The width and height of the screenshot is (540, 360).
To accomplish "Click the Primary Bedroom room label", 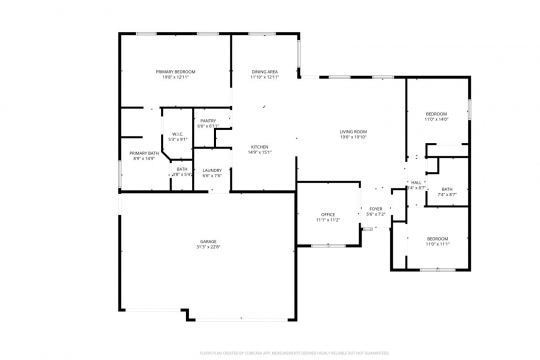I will coord(174,72).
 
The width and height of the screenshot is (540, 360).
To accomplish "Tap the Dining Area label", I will coord(264,72).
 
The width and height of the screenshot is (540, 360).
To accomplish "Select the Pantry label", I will coord(208,121).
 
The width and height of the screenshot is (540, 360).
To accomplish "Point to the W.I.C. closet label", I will coord(177,134).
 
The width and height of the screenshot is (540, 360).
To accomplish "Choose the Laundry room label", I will coord(211,170).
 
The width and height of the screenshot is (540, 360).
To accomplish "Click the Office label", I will coord(327,214).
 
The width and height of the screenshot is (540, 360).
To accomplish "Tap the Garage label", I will coord(207,243).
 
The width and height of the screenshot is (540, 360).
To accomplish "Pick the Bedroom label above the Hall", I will coord(436,114).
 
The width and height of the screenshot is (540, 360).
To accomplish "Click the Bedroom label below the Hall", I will coord(437,238).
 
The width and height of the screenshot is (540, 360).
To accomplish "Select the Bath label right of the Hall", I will coord(447,189).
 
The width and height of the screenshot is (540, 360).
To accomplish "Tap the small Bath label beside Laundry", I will coord(182,169).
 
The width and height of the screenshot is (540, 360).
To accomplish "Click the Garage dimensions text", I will coord(207,249).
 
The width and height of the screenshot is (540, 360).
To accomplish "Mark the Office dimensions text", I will coord(327,220).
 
